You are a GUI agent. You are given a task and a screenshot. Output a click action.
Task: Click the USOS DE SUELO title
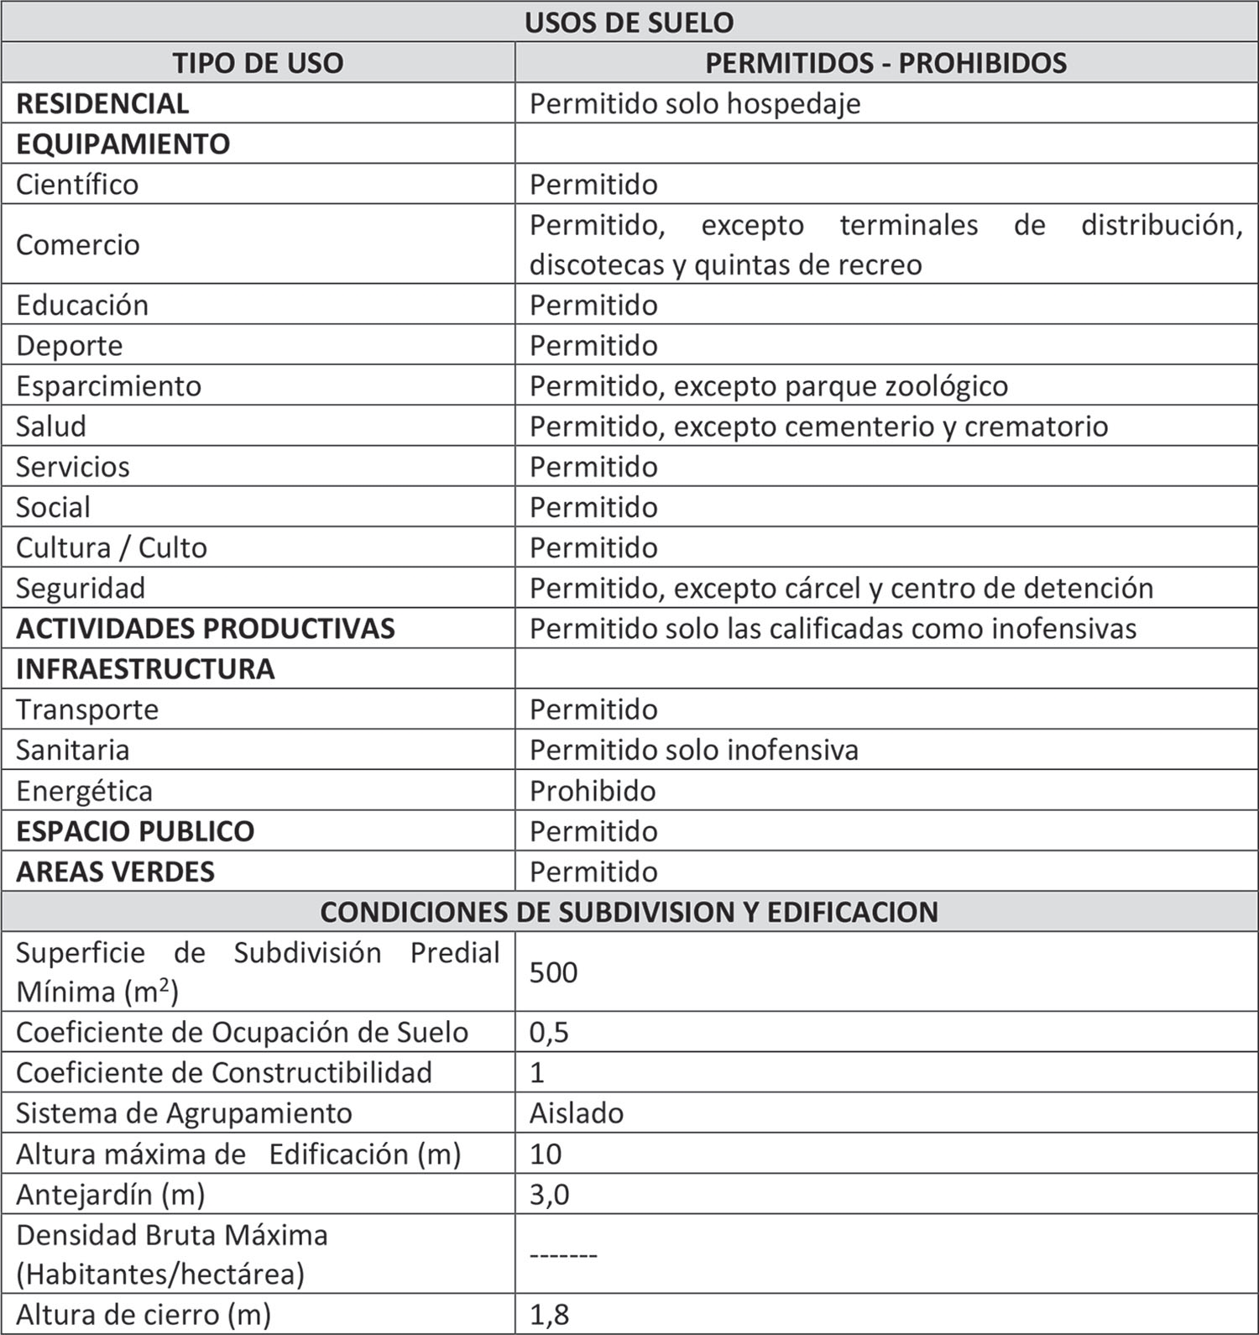coord(629,22)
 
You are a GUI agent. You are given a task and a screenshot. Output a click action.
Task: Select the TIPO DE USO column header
coord(258,63)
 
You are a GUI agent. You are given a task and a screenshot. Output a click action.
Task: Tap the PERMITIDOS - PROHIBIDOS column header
coord(885,63)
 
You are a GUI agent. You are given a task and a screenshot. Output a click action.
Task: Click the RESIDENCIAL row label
coord(102,103)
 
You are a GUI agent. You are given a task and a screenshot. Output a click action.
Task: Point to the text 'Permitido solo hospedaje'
coord(695,103)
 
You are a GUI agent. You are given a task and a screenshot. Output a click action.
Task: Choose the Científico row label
coord(77,184)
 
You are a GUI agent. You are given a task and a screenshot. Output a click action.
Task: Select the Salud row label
coord(51,427)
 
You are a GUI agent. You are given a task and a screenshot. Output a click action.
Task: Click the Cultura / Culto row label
coord(112,547)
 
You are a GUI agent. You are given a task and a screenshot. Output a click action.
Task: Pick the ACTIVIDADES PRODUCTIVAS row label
coord(206,628)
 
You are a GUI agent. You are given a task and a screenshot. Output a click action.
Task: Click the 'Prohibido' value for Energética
coord(593,790)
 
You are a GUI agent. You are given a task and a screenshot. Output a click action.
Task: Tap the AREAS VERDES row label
coord(116,872)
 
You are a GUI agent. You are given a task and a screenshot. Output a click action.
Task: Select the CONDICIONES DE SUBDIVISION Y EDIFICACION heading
coord(629,912)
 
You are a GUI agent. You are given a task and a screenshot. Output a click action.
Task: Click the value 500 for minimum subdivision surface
coord(553,972)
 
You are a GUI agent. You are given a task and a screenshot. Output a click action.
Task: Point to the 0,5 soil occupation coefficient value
coord(549,1032)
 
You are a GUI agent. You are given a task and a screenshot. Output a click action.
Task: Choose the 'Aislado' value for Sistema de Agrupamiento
coord(577,1113)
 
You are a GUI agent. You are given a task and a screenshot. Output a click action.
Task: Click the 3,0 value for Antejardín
coord(549,1194)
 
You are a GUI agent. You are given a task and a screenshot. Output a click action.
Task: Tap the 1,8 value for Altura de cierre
coord(549,1315)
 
